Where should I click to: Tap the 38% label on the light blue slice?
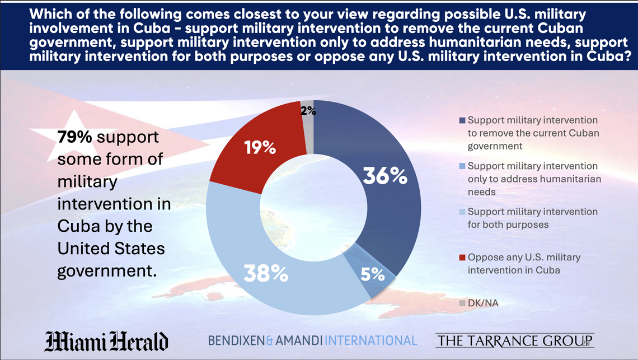(265, 274)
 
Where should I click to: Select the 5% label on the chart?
(373, 275)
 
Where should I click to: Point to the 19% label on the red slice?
(260, 148)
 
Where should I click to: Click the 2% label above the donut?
(308, 111)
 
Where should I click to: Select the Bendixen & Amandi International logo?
(312, 340)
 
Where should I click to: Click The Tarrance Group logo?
(514, 340)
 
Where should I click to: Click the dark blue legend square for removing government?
(462, 120)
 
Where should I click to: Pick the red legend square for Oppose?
(462, 257)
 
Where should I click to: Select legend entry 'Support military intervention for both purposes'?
(532, 218)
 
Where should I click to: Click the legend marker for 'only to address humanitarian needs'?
(462, 166)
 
